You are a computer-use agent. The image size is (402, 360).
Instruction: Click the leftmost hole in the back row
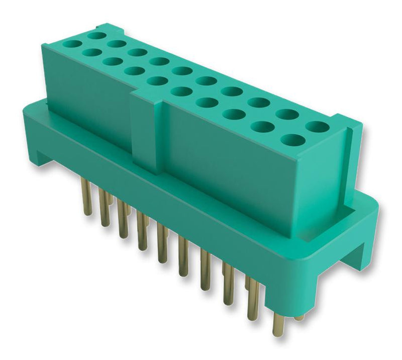tap(96, 36)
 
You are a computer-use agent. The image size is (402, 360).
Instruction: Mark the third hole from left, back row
tap(137, 52)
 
